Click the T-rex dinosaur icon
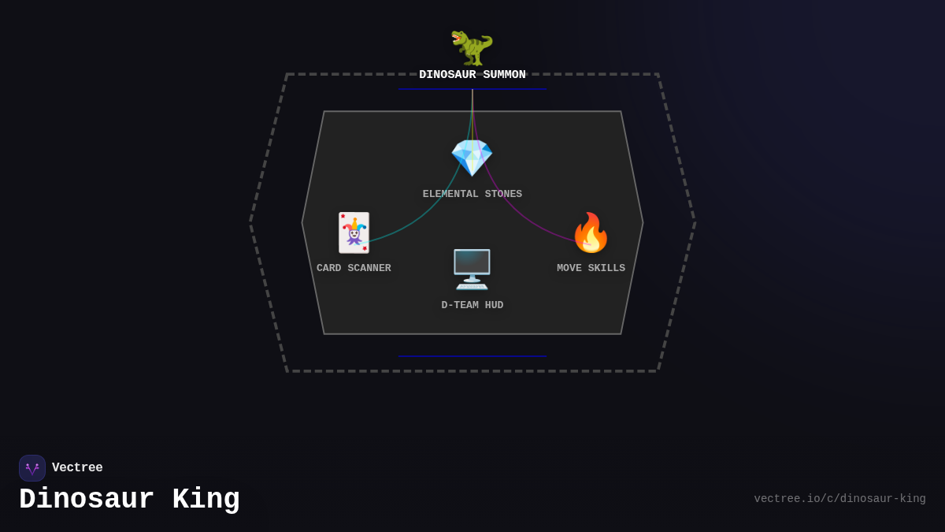point(472,47)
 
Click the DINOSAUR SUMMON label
point(472,75)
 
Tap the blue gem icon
point(472,158)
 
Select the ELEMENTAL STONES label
point(472,194)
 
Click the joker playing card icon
point(354,233)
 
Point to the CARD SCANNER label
point(354,268)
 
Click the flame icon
point(591,233)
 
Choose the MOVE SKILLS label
point(591,268)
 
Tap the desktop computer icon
point(472,270)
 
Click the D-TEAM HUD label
point(472,305)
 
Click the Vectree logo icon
point(32,468)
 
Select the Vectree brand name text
point(77,468)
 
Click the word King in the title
point(206,500)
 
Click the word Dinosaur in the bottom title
point(87,500)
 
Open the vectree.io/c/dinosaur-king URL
point(839,499)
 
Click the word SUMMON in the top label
point(504,75)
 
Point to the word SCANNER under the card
point(369,268)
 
